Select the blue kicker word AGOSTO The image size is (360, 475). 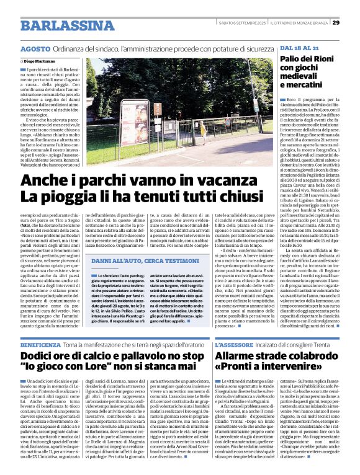(35, 48)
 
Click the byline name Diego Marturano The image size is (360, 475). (40, 63)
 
